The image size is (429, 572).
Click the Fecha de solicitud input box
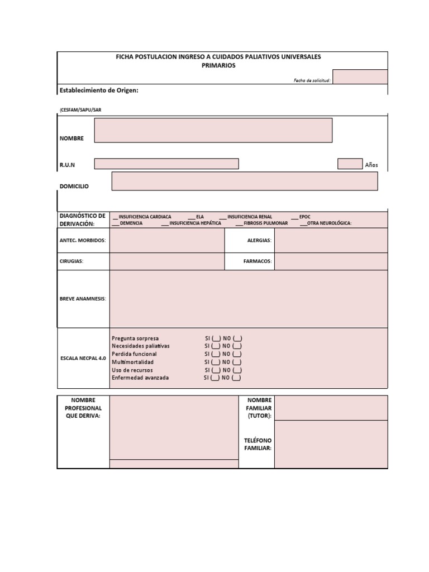[x=360, y=77]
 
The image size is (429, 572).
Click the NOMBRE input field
[x=213, y=130]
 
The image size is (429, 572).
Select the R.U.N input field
[x=166, y=164]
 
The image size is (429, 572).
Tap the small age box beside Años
[x=350, y=164]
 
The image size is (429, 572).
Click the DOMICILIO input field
[x=245, y=181]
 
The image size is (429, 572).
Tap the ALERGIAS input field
[x=331, y=240]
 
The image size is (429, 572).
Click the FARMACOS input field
[x=331, y=261]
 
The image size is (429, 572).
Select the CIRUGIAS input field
[x=166, y=261]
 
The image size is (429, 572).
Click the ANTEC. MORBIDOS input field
[x=166, y=240]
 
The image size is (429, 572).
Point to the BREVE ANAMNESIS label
[x=83, y=299]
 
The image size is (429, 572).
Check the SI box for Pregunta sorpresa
[x=216, y=339]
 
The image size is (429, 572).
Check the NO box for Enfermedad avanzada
[x=236, y=378]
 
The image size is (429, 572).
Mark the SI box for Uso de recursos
[x=216, y=370]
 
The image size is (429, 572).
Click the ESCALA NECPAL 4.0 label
[x=83, y=357]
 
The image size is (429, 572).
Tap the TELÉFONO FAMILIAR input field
[x=331, y=444]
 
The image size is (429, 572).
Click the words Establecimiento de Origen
[x=98, y=90]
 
